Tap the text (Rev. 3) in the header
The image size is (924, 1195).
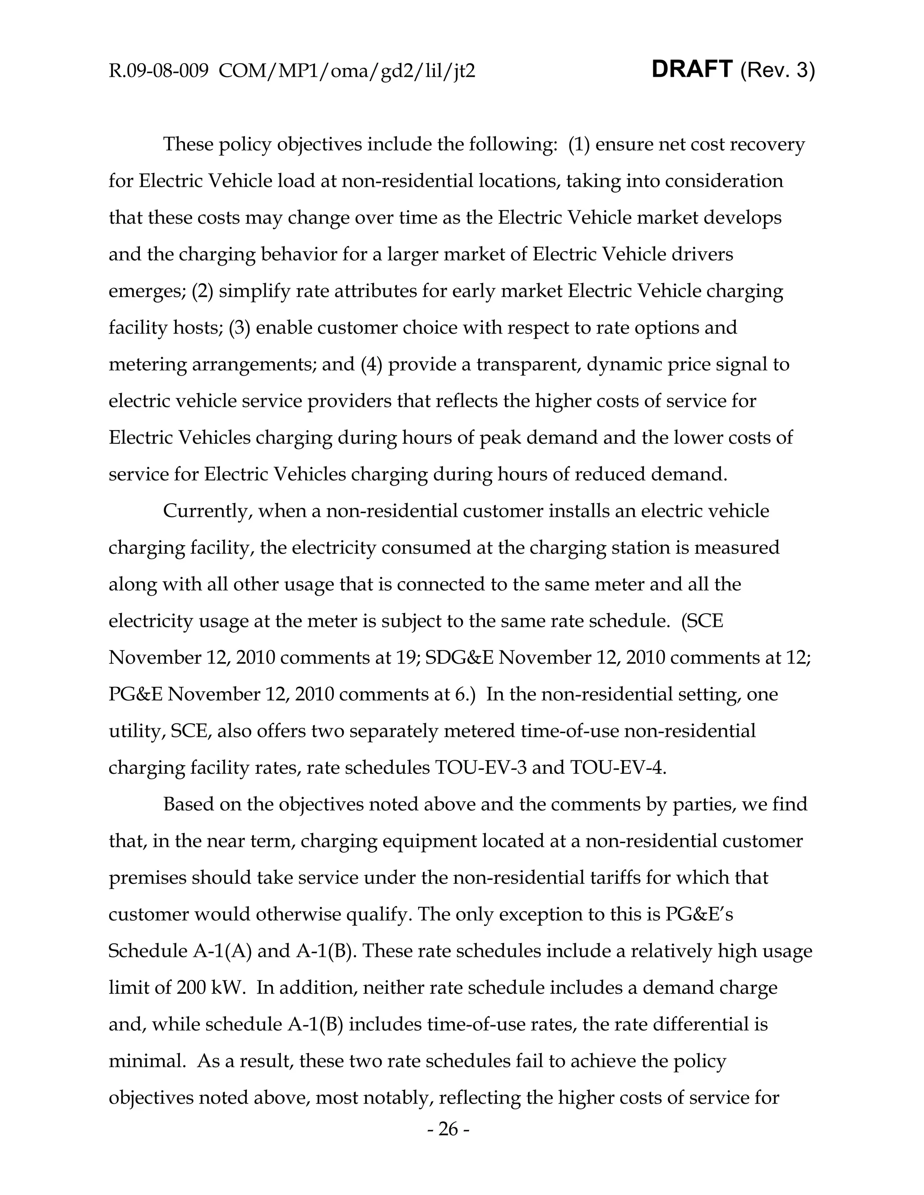pyautogui.click(x=777, y=71)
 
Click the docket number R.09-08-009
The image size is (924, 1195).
pyautogui.click(x=158, y=71)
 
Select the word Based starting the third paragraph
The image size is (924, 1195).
pyautogui.click(x=189, y=804)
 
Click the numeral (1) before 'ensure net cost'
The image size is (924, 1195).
pyautogui.click(x=579, y=144)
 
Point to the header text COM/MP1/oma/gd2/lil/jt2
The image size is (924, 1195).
pyautogui.click(x=347, y=71)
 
